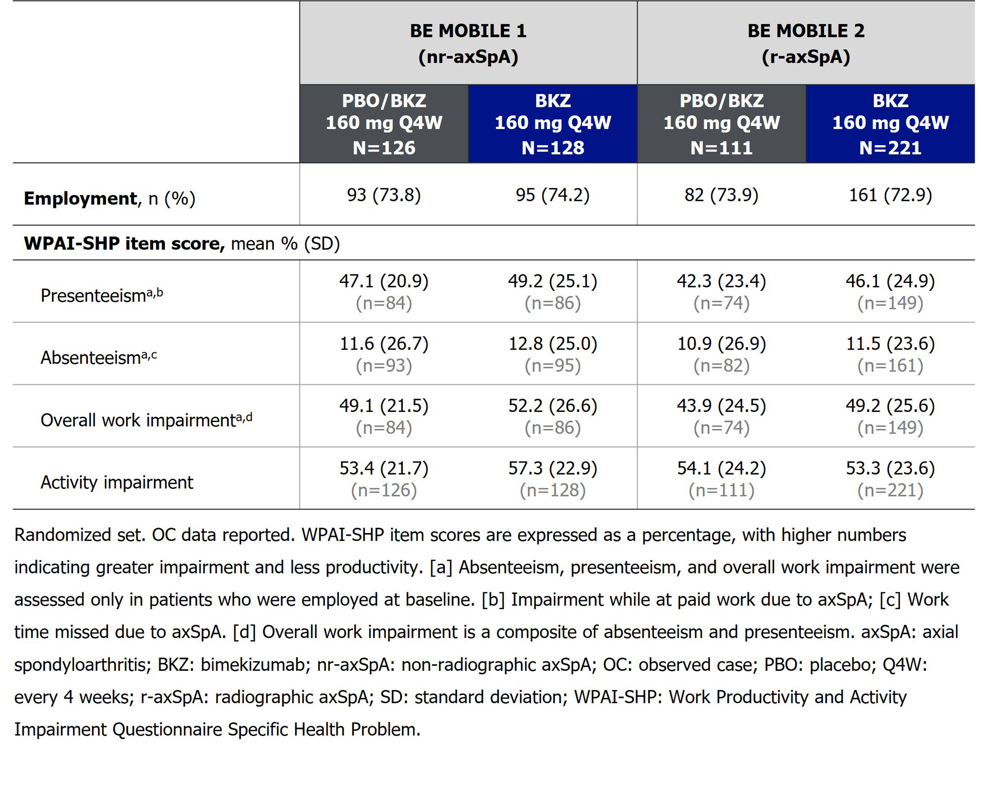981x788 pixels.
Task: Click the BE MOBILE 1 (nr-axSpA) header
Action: pos(468,44)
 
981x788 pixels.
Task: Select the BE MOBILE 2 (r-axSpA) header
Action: pos(805,44)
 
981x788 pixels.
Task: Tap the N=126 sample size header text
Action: pos(384,148)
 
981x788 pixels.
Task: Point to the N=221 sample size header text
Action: pos(890,148)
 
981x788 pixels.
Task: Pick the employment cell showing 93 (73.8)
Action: pos(384,195)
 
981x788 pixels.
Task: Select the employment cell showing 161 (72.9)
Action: pos(890,195)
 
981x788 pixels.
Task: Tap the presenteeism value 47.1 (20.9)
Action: pos(384,281)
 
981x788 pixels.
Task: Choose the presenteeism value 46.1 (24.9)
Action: pos(890,281)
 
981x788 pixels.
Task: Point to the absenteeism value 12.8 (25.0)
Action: pos(552,344)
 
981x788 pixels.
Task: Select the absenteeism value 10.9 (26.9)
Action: pos(721,344)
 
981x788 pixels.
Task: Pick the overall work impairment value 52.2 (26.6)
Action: pos(552,406)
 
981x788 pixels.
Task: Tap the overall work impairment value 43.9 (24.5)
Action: pos(721,406)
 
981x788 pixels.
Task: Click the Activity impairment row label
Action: pos(117,483)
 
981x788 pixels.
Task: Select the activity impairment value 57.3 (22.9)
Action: pos(552,468)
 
